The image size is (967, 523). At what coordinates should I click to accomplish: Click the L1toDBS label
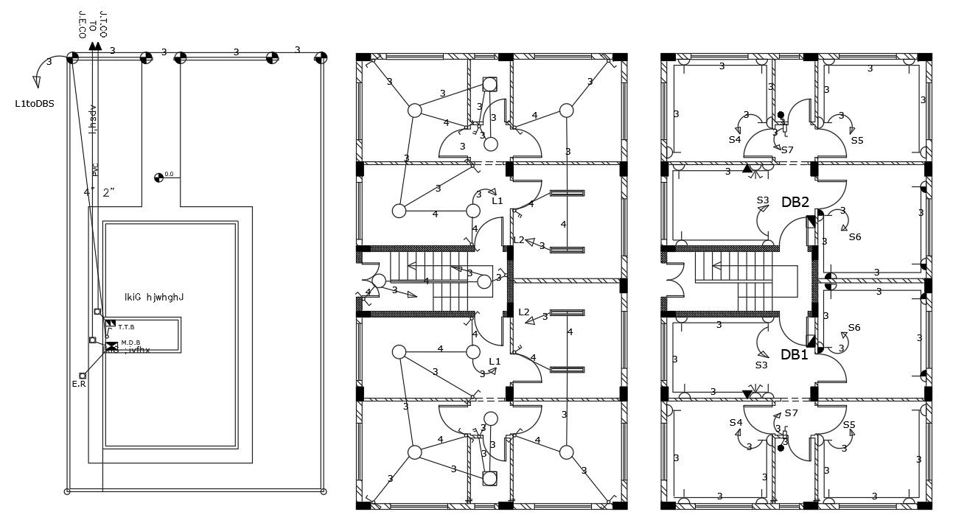point(35,104)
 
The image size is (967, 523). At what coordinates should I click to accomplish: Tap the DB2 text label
point(795,202)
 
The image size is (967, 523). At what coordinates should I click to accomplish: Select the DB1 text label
point(795,354)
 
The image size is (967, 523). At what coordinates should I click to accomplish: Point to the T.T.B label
point(126,326)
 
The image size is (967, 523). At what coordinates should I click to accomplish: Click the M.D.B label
point(130,343)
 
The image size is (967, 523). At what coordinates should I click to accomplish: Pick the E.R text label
point(79,384)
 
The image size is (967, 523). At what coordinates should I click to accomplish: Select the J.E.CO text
point(82,24)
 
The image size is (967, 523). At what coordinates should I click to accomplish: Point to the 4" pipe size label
point(89,193)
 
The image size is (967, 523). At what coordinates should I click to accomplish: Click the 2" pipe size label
point(110,193)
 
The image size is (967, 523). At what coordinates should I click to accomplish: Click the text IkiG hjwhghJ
point(154,298)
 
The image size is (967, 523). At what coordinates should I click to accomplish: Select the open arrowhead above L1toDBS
point(38,83)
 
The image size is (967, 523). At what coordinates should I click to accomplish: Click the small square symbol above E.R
point(83,376)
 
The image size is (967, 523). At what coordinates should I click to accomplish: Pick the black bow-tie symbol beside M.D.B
point(111,346)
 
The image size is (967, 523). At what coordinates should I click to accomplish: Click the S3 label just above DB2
point(763,200)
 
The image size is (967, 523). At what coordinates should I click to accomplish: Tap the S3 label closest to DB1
point(761,365)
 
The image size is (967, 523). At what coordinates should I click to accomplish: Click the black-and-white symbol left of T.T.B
point(111,323)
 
